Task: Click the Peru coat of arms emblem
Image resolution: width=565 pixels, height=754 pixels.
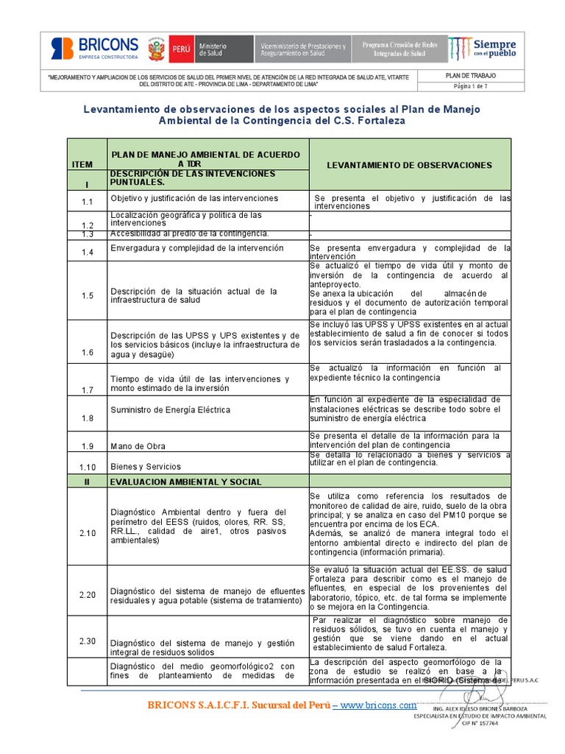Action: [155, 50]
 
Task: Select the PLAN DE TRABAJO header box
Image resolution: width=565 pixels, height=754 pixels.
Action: [471, 75]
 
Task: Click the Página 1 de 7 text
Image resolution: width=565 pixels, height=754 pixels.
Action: [471, 85]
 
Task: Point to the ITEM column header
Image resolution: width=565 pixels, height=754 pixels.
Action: [88, 165]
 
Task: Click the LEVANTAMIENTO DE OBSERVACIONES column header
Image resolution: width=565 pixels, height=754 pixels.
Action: [409, 165]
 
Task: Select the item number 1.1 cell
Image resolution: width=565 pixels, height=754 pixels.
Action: [88, 202]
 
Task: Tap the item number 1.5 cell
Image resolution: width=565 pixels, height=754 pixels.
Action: [88, 295]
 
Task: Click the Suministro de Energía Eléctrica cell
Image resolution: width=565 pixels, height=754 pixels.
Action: [170, 409]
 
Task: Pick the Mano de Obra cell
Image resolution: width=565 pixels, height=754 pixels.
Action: [138, 446]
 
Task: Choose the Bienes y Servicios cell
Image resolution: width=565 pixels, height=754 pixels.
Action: [146, 466]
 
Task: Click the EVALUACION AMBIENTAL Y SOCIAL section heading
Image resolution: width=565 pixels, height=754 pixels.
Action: [185, 482]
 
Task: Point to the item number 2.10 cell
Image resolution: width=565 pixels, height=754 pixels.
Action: [88, 533]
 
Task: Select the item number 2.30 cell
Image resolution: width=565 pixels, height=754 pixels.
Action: [88, 641]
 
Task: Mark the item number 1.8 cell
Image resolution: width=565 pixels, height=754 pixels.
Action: [88, 418]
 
